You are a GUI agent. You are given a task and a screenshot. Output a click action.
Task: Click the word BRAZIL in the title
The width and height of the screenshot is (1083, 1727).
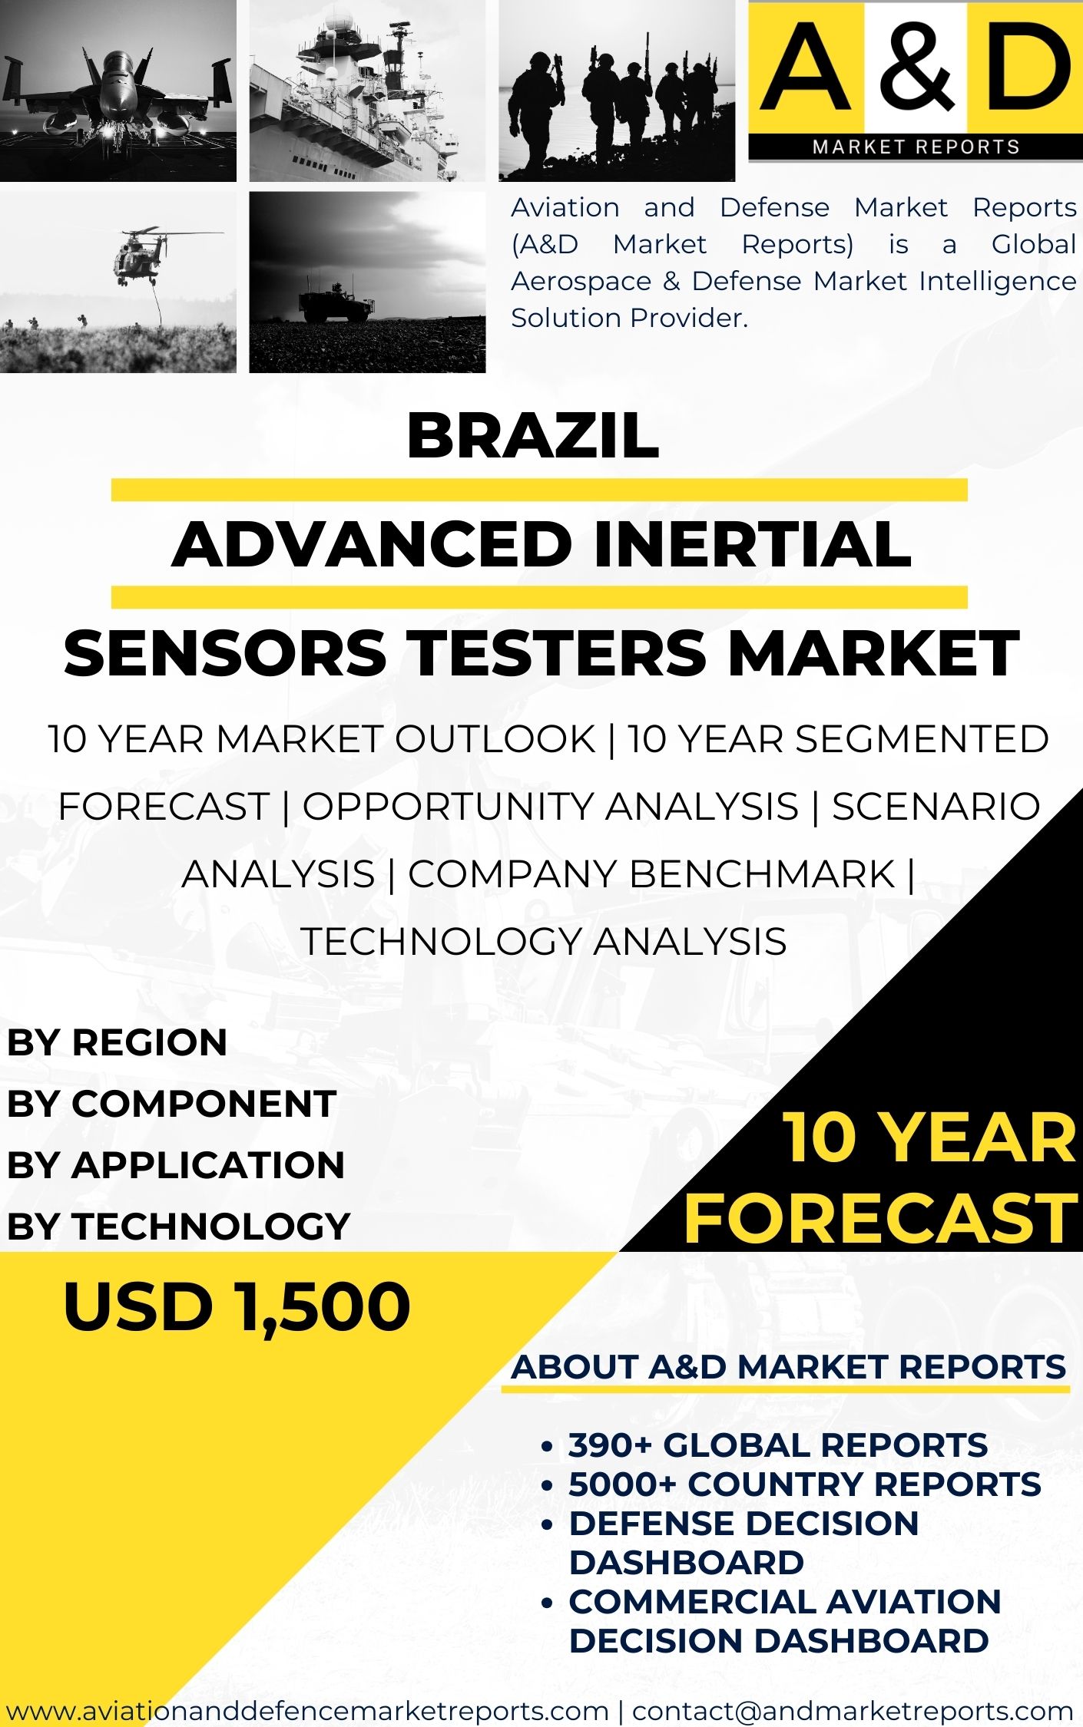click(533, 436)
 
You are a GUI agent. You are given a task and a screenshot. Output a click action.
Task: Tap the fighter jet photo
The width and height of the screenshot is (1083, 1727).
click(118, 91)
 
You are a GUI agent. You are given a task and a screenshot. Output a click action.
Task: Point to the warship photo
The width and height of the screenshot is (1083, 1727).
click(367, 91)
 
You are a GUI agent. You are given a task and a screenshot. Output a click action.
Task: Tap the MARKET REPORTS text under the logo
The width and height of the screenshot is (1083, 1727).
click(916, 147)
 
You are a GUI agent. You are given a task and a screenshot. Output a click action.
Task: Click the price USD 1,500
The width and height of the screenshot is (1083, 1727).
click(237, 1307)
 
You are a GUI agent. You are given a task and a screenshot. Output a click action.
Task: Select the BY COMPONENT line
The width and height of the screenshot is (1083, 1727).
click(171, 1104)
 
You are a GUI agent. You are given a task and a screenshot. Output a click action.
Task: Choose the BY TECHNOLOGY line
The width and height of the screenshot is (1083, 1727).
click(178, 1226)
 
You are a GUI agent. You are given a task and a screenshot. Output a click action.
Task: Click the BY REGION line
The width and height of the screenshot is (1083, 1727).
click(117, 1042)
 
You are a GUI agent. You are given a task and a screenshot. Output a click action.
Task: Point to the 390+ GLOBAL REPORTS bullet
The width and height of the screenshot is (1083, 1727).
click(777, 1445)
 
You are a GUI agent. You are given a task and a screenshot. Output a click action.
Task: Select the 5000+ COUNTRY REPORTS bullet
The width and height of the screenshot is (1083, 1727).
click(804, 1484)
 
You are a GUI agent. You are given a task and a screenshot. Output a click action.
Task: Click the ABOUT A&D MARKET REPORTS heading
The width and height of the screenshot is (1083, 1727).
click(788, 1367)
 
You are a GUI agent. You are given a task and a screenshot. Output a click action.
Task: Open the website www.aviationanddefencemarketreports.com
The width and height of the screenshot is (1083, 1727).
click(307, 1711)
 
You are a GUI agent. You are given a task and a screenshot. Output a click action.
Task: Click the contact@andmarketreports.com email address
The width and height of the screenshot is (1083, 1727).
click(853, 1711)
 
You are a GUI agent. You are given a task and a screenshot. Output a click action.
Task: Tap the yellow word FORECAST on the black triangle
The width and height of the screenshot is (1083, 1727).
click(880, 1219)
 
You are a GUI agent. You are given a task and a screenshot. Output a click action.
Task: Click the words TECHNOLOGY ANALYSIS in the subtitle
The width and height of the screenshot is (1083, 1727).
click(543, 941)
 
